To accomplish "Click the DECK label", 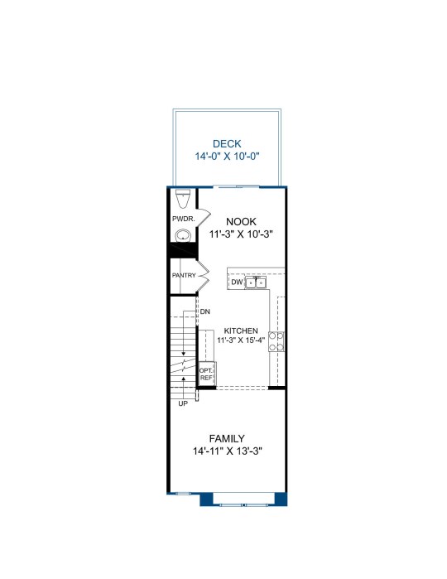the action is click(x=227, y=143).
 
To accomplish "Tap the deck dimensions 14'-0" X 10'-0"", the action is click(x=227, y=157).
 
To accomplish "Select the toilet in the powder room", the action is click(x=183, y=199).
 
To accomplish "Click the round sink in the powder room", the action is click(x=183, y=235).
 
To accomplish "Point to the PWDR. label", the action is click(x=184, y=219).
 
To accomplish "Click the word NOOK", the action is click(x=241, y=221).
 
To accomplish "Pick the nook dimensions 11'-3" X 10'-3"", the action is click(x=241, y=234).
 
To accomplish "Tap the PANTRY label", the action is click(x=184, y=276).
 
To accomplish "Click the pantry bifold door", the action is click(x=203, y=277).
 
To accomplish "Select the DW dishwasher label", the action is click(x=237, y=282).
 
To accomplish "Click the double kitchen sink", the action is click(x=256, y=282).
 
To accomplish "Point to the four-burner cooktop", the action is click(x=276, y=341).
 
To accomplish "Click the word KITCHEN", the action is click(x=241, y=331).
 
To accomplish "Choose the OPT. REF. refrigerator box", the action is click(x=206, y=374).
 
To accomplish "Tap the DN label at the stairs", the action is click(x=205, y=311).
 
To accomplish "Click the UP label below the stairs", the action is click(x=183, y=403).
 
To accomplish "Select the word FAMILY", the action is click(x=227, y=439).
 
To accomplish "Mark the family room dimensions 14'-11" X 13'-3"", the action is click(x=228, y=451).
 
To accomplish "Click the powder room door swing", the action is click(x=204, y=218).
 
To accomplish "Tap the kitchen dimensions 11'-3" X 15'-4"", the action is click(x=241, y=340).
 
